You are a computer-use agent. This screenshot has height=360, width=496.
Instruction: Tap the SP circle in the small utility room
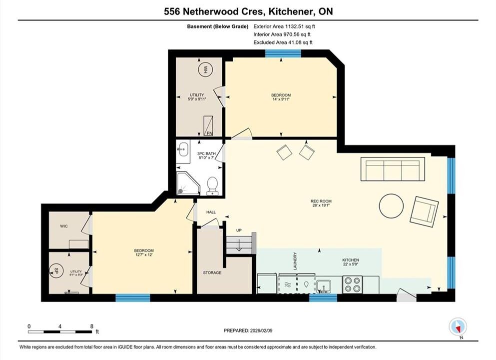click(56, 271)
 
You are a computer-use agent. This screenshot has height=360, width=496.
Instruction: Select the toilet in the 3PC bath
click(212, 186)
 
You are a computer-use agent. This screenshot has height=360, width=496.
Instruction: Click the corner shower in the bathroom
click(188, 183)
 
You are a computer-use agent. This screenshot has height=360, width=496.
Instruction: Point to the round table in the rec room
click(391, 206)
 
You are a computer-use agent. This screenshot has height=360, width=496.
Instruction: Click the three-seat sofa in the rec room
click(393, 169)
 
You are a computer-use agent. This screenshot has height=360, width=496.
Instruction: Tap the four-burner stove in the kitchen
click(352, 284)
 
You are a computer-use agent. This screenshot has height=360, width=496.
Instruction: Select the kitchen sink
click(324, 286)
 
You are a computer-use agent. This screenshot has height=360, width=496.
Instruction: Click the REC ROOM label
click(321, 201)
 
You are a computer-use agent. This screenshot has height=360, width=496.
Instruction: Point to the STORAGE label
click(212, 272)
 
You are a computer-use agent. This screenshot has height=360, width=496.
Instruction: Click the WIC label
click(64, 226)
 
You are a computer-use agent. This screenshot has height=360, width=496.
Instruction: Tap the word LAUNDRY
click(295, 261)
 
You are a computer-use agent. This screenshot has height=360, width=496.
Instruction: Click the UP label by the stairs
click(239, 230)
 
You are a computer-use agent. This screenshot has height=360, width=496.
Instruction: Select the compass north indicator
click(458, 327)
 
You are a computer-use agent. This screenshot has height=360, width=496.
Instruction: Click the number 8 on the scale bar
click(92, 326)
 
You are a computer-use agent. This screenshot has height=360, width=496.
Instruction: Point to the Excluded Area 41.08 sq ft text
click(283, 42)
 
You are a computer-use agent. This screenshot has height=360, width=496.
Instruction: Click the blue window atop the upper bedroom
click(283, 53)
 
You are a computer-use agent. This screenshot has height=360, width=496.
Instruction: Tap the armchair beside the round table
click(424, 212)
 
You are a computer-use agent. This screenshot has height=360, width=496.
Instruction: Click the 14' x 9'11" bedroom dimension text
click(281, 99)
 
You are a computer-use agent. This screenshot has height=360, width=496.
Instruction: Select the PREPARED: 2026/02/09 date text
click(248, 330)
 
